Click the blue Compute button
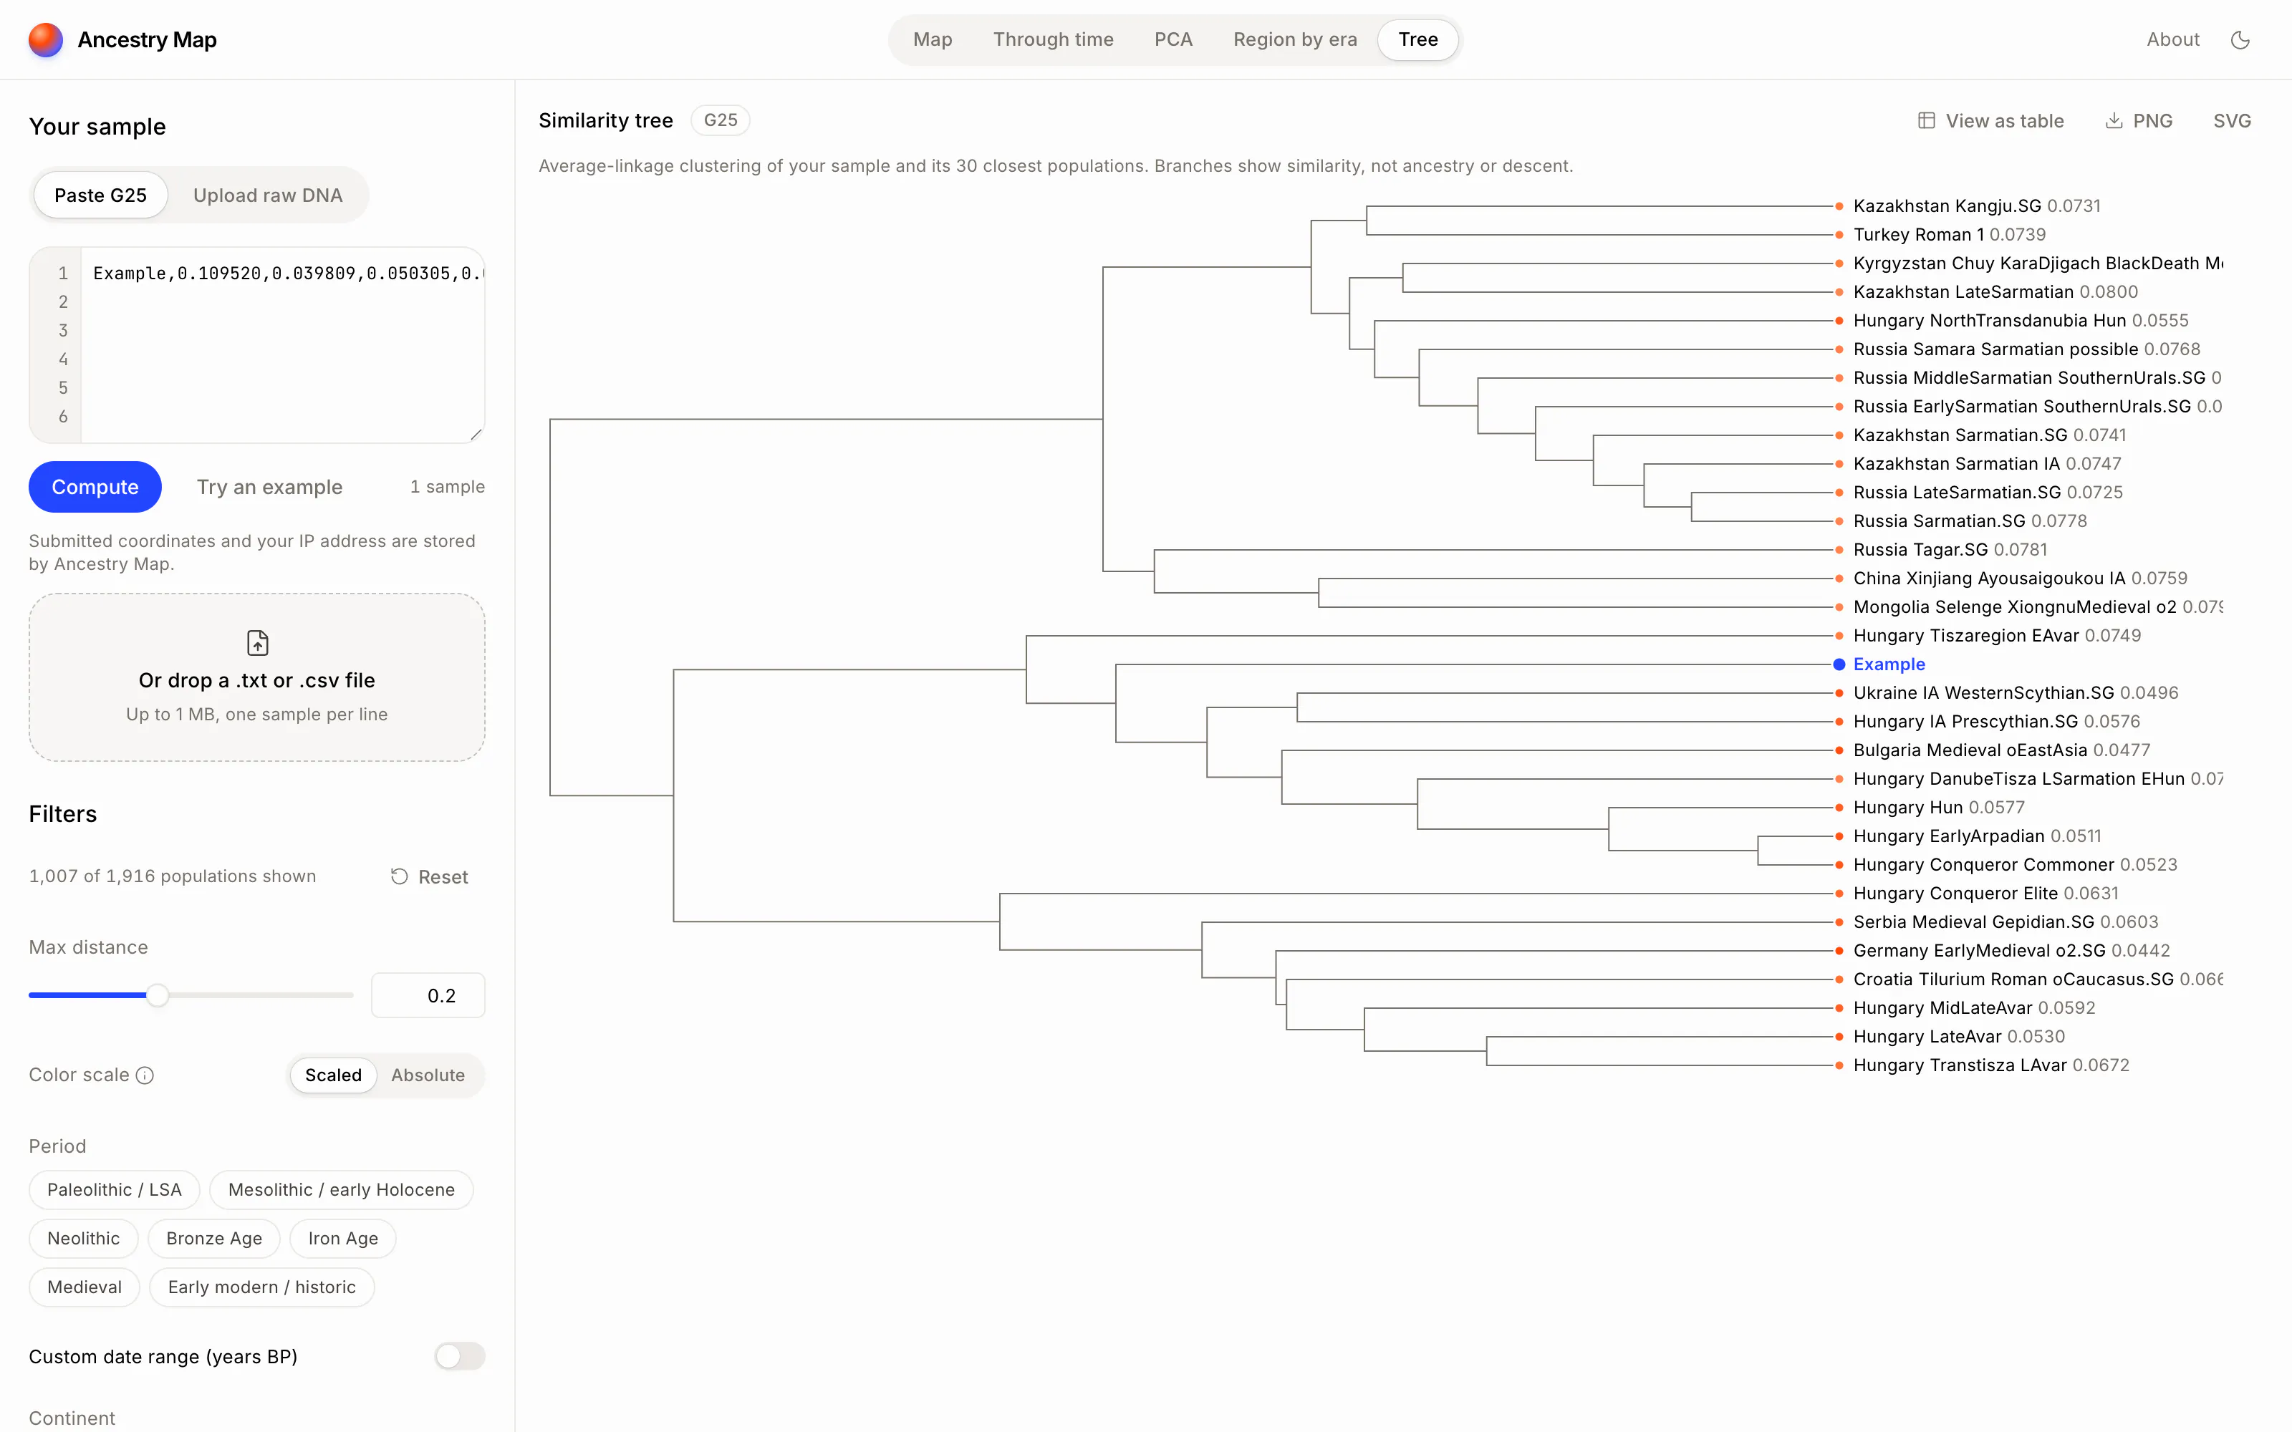point(95,487)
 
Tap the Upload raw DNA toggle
point(268,195)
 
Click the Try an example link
point(270,487)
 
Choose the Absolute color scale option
point(428,1075)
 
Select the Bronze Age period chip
point(214,1238)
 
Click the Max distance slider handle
point(158,995)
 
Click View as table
point(1991,121)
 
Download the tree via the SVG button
point(2231,121)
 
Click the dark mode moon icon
point(2240,40)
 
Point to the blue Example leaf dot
point(1839,664)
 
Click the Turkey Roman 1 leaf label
point(1918,235)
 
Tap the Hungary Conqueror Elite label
point(1955,893)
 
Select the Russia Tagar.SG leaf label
point(1920,549)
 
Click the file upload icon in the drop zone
point(258,643)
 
